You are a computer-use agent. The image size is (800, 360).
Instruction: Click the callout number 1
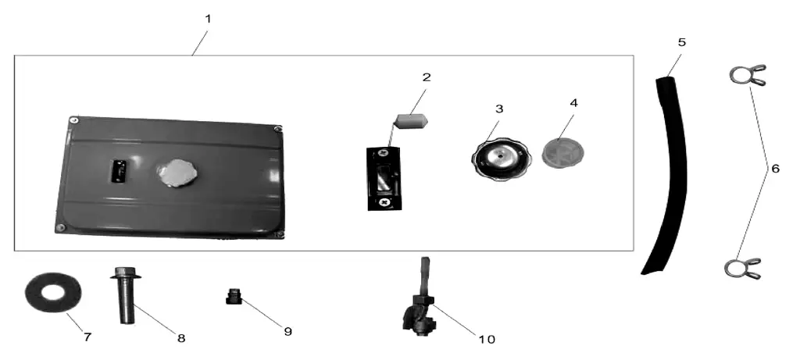208,19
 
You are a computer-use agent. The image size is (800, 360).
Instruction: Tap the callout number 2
427,77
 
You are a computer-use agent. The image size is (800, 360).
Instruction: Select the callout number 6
775,168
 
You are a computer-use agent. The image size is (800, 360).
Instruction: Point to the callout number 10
487,340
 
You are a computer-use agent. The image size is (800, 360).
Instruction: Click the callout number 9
287,331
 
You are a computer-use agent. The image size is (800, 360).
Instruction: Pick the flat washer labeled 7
53,292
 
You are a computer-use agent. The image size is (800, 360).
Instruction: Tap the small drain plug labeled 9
234,296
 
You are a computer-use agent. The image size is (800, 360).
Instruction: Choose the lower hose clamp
743,268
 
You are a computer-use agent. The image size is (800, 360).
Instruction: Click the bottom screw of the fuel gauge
385,202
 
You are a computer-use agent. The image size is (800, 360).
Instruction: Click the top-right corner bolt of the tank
277,129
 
